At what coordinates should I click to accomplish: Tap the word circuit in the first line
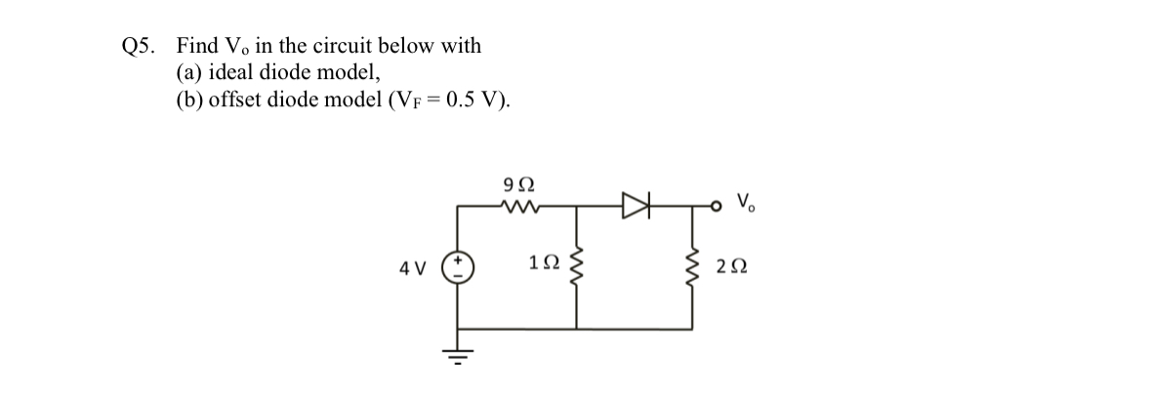point(343,46)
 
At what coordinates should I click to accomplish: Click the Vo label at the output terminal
point(745,204)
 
